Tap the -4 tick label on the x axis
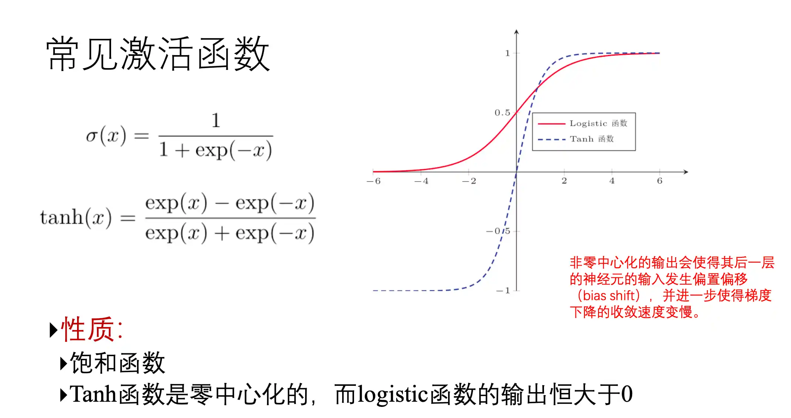click(421, 181)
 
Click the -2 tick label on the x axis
click(469, 181)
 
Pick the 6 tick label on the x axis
click(660, 181)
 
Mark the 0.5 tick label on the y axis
click(503, 112)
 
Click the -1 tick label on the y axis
click(503, 291)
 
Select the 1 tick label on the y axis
click(508, 53)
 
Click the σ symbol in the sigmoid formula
click(91, 136)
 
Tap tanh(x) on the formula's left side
click(76, 217)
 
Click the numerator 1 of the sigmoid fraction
click(216, 121)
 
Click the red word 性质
click(87, 329)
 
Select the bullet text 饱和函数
click(117, 363)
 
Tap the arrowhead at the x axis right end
click(686, 172)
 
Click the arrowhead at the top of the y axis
click(517, 32)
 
